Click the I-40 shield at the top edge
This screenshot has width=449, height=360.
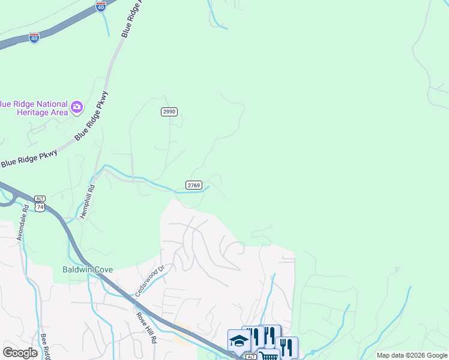click(101, 7)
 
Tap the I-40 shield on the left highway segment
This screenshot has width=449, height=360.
click(34, 38)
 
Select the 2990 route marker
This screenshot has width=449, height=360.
click(169, 112)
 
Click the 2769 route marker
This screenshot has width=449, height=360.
click(193, 185)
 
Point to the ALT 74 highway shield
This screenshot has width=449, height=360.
click(40, 203)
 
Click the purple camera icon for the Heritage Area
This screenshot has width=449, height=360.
click(77, 107)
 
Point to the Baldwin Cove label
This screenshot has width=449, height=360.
click(87, 269)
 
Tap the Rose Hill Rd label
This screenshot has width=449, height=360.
click(146, 328)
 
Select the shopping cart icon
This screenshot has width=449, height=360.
click(269, 355)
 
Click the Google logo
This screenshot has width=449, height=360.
click(20, 353)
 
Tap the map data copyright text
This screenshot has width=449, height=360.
click(412, 355)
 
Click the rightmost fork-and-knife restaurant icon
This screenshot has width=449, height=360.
click(287, 347)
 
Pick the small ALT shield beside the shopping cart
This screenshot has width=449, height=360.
click(251, 356)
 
